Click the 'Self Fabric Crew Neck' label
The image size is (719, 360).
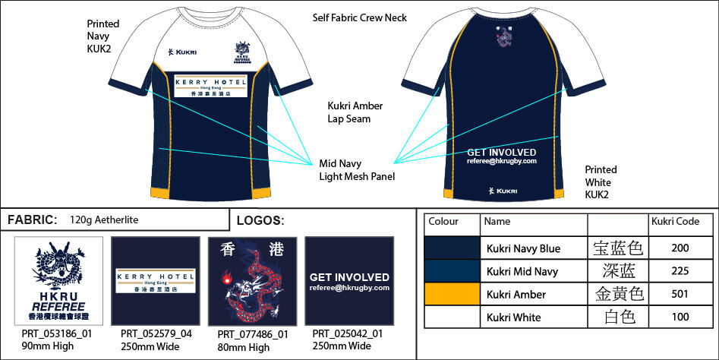click(x=360, y=17)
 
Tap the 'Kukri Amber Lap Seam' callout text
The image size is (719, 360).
click(x=355, y=112)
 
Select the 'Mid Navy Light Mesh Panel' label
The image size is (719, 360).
click(x=356, y=170)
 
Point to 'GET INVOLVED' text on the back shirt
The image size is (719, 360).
click(x=502, y=153)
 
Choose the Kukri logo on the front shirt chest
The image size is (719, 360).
click(x=182, y=52)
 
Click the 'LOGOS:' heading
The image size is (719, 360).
click(x=260, y=221)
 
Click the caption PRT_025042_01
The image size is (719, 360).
click(x=348, y=333)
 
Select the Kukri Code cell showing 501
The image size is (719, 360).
click(x=681, y=295)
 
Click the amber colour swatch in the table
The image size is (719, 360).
click(x=452, y=295)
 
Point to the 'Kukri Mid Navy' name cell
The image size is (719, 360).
click(x=522, y=272)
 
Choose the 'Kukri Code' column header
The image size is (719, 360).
click(x=675, y=222)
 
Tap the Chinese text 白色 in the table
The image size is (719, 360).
click(x=617, y=317)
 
